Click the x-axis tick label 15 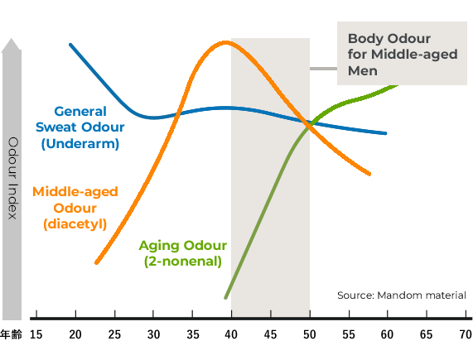click(36, 334)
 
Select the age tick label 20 click(75, 334)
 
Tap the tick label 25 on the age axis click(114, 334)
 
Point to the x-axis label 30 click(153, 334)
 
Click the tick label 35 click(193, 334)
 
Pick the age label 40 click(231, 334)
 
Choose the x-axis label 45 click(270, 334)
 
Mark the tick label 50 click(310, 334)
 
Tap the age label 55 click(349, 334)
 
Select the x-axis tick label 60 click(387, 334)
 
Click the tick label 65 click(426, 334)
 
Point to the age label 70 click(466, 334)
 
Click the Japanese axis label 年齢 click(11, 334)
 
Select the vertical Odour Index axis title click(12, 178)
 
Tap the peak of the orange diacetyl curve click(225, 42)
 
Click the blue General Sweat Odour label click(80, 127)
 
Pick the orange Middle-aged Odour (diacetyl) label click(75, 208)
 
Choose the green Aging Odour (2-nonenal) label click(183, 253)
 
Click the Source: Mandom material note click(402, 295)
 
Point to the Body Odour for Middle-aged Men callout click(402, 53)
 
